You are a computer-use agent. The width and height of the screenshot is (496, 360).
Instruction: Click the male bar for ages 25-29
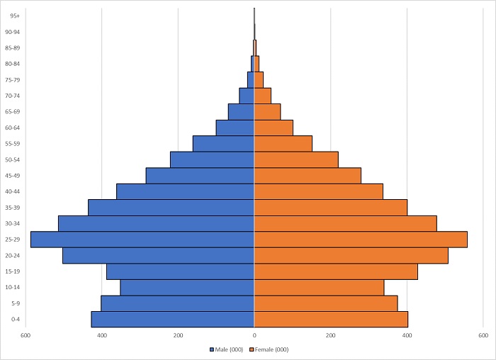pyautogui.click(x=142, y=240)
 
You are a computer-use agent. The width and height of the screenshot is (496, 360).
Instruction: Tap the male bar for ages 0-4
pyautogui.click(x=173, y=320)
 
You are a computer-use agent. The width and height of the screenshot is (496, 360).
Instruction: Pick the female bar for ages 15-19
pyautogui.click(x=336, y=271)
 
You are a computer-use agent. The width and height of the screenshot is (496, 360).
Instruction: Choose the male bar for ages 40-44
pyautogui.click(x=185, y=191)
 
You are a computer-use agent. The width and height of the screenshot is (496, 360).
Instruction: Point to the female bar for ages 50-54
pyautogui.click(x=296, y=159)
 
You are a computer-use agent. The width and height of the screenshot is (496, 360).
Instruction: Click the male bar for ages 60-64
pyautogui.click(x=235, y=128)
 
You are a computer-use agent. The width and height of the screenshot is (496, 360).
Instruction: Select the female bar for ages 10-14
pyautogui.click(x=319, y=287)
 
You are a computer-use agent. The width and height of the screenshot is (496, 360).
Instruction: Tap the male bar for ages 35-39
pyautogui.click(x=171, y=208)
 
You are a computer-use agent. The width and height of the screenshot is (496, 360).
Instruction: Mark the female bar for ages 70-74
pyautogui.click(x=263, y=96)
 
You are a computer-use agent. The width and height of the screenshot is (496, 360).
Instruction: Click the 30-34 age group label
pyautogui.click(x=13, y=223)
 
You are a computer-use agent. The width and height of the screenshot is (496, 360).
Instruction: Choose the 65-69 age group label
pyautogui.click(x=13, y=111)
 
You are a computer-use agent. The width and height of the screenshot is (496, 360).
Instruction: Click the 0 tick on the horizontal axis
pyautogui.click(x=254, y=335)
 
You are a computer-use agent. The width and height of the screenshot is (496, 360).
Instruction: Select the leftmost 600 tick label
pyautogui.click(x=26, y=335)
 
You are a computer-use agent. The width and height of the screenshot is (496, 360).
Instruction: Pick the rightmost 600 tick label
pyautogui.click(x=483, y=335)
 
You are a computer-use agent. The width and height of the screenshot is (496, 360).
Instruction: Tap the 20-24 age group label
pyautogui.click(x=13, y=255)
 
